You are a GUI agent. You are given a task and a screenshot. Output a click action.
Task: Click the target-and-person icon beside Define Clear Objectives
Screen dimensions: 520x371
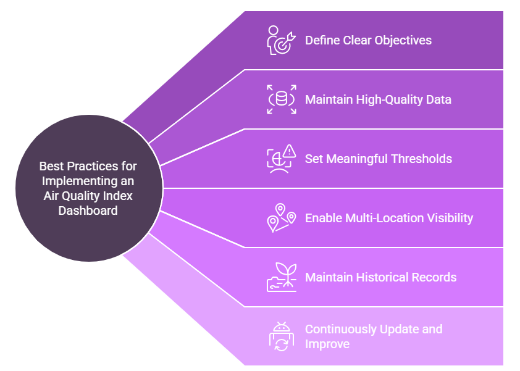pos(281,41)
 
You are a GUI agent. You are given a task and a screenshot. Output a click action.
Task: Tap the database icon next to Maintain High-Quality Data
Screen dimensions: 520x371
pos(281,99)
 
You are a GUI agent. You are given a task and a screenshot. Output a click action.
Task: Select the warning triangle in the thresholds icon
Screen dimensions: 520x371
pos(290,151)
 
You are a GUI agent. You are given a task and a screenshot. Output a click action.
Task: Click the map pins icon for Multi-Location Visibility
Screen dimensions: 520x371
pos(281,218)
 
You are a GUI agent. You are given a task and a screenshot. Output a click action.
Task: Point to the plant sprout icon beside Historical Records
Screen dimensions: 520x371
pos(281,277)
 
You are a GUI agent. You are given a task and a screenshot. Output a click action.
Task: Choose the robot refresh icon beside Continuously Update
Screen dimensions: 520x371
pos(281,336)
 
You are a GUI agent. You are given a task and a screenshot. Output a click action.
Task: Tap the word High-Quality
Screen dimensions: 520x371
pos(389,100)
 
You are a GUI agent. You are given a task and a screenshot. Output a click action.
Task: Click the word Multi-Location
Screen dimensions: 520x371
pos(384,218)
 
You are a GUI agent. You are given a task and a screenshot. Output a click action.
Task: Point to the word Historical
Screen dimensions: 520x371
pos(382,277)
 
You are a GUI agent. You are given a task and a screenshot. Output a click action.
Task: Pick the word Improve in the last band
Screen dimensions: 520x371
pos(327,344)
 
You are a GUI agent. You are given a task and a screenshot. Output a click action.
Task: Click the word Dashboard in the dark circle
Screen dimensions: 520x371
pos(88,211)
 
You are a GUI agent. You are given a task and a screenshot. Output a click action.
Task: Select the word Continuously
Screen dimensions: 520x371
pos(341,329)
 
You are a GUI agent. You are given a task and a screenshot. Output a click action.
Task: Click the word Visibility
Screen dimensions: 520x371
pos(450,218)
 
